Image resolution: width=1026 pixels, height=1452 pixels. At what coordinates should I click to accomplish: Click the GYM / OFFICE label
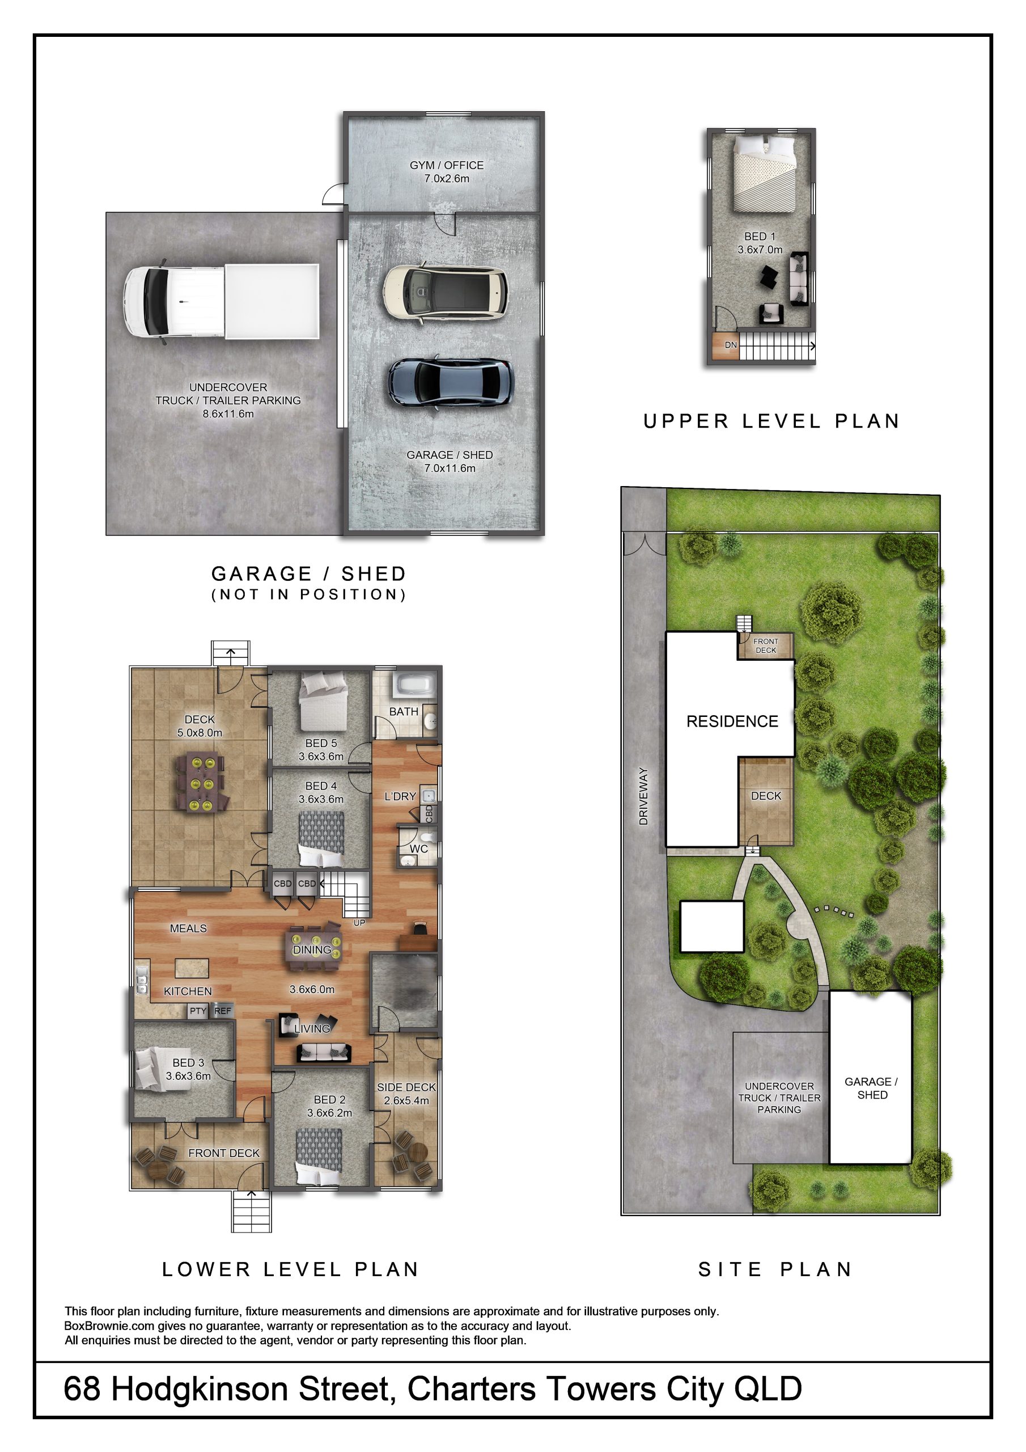tap(446, 165)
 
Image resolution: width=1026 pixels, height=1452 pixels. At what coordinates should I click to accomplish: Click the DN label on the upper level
tap(731, 345)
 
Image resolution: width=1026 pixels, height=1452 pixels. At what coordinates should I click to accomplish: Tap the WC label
tap(418, 849)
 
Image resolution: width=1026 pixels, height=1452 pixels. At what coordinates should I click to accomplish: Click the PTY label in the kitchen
tap(198, 1011)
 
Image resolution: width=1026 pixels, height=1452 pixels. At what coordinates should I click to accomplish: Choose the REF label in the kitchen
tap(223, 1011)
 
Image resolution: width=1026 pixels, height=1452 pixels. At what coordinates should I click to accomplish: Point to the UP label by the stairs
tap(359, 923)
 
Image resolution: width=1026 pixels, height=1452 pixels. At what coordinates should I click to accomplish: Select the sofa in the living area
tap(324, 1053)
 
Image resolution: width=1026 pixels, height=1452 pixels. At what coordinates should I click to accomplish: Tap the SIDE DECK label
tap(406, 1087)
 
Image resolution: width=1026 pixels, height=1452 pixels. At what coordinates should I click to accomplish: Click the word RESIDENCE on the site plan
tap(732, 721)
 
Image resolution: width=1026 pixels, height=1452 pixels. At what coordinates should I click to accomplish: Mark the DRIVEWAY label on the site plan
tap(643, 796)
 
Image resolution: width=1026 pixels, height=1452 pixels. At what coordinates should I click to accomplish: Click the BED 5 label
tap(321, 743)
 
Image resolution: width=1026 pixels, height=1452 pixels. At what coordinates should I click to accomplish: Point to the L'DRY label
tap(400, 796)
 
